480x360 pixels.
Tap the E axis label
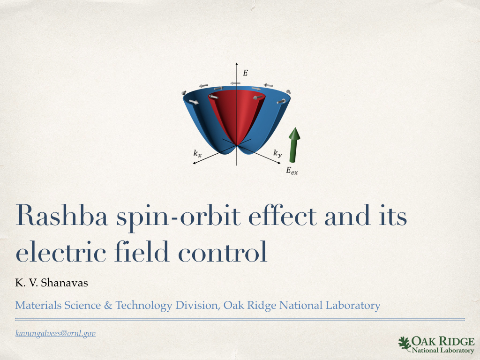pos(245,73)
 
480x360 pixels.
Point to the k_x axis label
pos(197,152)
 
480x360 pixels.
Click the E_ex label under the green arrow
pos(292,171)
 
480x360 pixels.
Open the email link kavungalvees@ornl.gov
pos(55,334)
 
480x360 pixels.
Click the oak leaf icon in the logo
pos(404,344)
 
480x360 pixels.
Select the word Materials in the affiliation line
pos(35,306)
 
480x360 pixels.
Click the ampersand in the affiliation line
pos(108,306)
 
